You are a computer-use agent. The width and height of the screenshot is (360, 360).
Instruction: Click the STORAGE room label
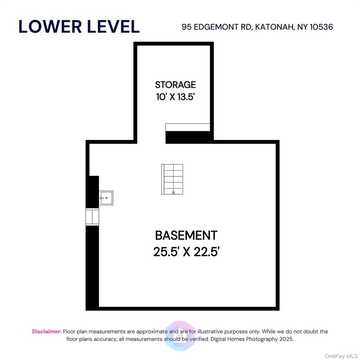(x=176, y=85)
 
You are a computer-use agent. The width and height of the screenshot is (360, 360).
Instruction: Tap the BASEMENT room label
(x=186, y=236)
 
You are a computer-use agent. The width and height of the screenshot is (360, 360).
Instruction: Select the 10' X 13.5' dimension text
(x=176, y=97)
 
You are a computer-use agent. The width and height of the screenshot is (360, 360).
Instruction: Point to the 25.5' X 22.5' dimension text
(x=186, y=252)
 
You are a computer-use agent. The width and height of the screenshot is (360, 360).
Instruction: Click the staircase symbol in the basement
(x=172, y=179)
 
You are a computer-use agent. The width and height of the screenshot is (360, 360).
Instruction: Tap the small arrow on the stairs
(x=174, y=193)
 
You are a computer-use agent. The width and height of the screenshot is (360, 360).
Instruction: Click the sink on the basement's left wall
(x=106, y=197)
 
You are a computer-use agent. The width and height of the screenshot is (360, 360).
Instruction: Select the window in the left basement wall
(x=92, y=217)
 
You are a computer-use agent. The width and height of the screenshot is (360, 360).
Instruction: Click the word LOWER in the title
(x=50, y=26)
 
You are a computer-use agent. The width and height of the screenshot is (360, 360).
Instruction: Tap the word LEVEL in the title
(x=113, y=26)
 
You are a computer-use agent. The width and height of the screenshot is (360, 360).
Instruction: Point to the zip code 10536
(x=321, y=27)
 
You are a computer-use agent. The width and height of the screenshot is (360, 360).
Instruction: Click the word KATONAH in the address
(x=275, y=27)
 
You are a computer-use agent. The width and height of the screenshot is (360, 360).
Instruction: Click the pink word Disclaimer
(x=47, y=331)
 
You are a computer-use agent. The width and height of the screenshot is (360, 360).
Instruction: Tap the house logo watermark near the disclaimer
(x=180, y=336)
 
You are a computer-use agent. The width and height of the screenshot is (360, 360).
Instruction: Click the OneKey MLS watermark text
(x=341, y=356)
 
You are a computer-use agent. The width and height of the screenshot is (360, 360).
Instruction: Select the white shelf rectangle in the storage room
(x=188, y=128)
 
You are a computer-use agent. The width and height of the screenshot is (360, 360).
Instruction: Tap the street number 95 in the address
(x=187, y=27)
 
